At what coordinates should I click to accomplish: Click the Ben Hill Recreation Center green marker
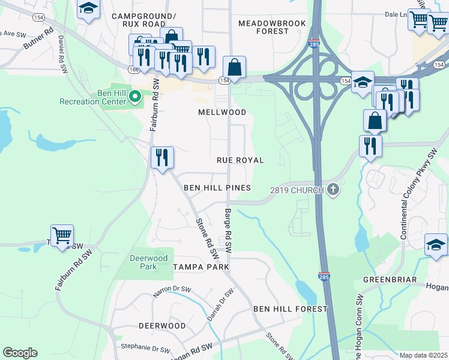(135, 96)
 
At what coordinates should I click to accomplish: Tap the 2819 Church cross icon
(334, 190)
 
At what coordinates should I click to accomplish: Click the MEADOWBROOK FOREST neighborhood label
(272, 27)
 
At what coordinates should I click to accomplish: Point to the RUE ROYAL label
(241, 160)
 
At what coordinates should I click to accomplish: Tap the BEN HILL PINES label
(217, 188)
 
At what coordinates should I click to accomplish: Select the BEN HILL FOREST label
(291, 309)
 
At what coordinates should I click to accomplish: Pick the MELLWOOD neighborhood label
(222, 112)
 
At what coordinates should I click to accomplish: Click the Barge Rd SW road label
(228, 230)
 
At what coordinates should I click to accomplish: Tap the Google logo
(20, 352)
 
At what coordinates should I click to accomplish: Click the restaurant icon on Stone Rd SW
(162, 157)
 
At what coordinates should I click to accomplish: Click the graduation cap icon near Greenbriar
(436, 244)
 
